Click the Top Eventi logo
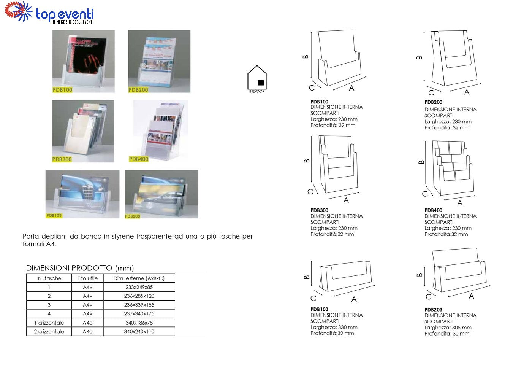[49, 13]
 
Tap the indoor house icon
[257, 79]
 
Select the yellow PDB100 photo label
[62, 90]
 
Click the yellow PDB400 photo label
[139, 159]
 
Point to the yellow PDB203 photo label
[133, 216]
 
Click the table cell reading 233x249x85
[139, 287]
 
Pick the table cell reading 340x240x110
[139, 331]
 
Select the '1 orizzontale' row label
[49, 323]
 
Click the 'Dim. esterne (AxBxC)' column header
[139, 278]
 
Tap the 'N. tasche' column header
[49, 278]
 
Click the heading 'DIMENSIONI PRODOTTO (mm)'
[80, 268]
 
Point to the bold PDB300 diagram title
[319, 210]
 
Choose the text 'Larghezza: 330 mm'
[334, 327]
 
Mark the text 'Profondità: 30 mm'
[447, 334]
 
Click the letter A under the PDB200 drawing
[467, 92]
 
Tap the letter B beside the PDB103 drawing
[307, 277]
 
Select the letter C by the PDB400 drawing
[425, 194]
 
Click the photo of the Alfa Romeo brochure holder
[82, 194]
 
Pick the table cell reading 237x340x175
[139, 314]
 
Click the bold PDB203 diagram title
[433, 310]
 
